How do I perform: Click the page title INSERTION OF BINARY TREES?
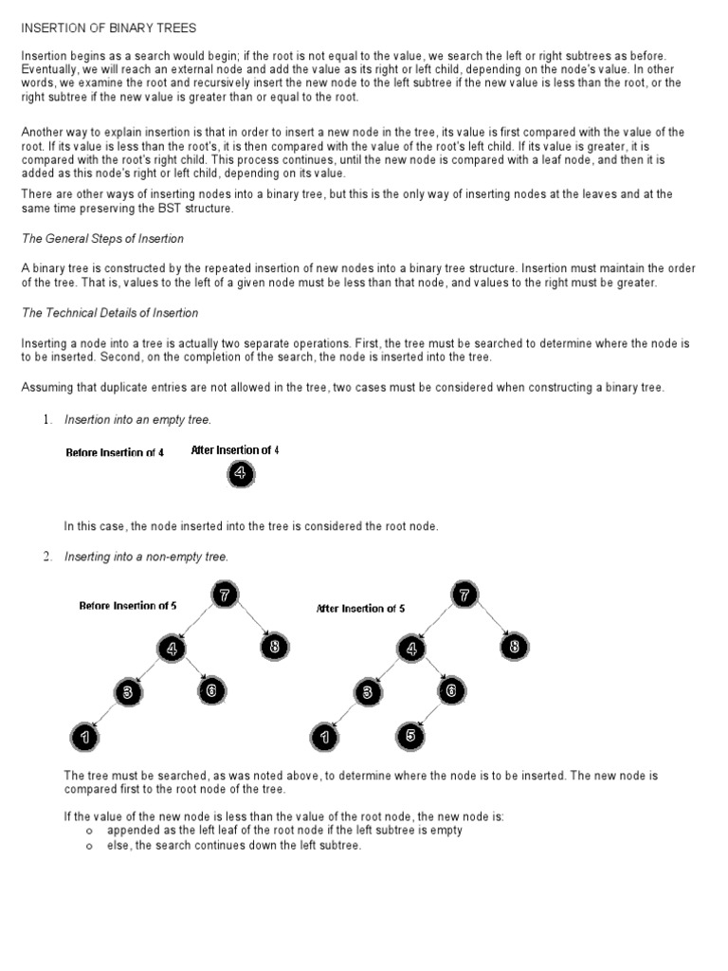[109, 29]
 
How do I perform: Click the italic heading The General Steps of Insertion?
[102, 238]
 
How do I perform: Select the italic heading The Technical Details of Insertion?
[110, 312]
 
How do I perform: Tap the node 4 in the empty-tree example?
[241, 474]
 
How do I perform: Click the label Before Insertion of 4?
[115, 452]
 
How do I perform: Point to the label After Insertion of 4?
[235, 450]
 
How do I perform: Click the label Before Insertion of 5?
[128, 605]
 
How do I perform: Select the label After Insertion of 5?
[360, 609]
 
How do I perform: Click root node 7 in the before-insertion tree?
[225, 595]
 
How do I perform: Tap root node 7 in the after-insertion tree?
[464, 595]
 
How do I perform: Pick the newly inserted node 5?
[410, 735]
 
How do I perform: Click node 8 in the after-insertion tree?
[515, 647]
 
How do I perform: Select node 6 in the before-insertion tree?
[211, 691]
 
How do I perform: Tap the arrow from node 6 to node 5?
[432, 713]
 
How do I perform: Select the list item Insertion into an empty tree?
[137, 419]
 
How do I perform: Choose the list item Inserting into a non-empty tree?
[146, 557]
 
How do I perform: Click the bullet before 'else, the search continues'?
[88, 846]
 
